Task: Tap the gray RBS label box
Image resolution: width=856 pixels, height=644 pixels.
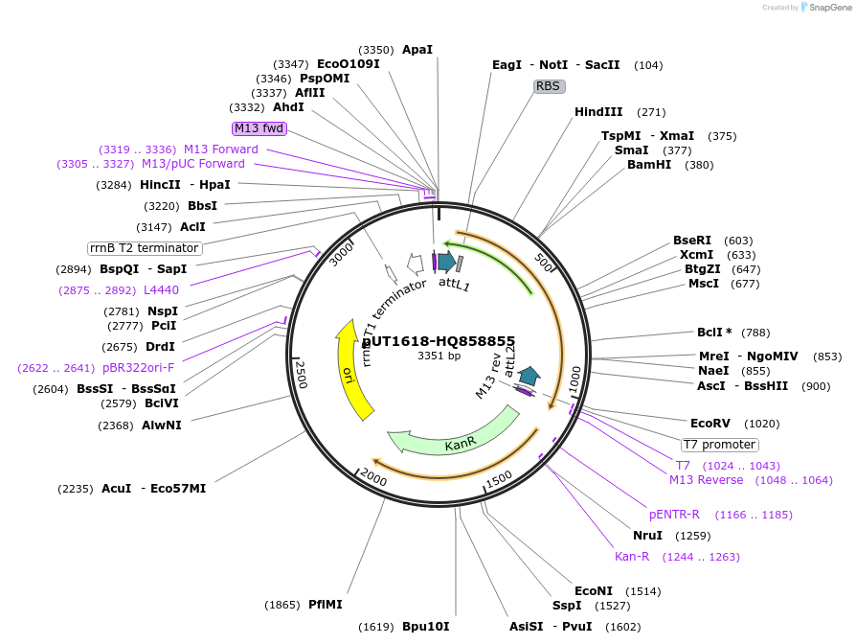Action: click(x=549, y=86)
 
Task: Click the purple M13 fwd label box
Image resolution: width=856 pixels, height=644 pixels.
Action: click(x=259, y=128)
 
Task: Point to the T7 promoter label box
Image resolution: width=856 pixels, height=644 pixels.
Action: click(x=719, y=445)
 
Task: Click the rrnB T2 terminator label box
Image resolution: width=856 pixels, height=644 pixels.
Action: click(x=145, y=248)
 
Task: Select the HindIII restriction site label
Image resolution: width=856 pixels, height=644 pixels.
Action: click(x=598, y=112)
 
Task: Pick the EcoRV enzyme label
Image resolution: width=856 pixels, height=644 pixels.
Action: click(x=710, y=424)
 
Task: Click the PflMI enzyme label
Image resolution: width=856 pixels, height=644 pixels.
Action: click(x=325, y=605)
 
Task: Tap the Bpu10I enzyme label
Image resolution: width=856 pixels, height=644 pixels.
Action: click(x=425, y=627)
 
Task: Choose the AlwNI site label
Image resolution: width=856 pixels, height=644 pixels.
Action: click(x=161, y=425)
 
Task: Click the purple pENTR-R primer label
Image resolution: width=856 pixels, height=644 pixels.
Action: click(x=674, y=515)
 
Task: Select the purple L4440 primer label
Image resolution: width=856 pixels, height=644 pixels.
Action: click(x=161, y=290)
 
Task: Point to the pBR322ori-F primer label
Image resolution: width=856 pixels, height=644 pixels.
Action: click(x=139, y=368)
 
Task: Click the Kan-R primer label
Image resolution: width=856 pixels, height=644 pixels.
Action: click(x=632, y=557)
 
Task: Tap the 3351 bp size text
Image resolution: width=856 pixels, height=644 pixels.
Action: click(x=439, y=356)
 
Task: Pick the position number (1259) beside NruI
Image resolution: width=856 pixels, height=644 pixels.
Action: click(x=692, y=536)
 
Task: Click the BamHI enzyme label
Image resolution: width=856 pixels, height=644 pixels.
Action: click(x=649, y=165)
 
